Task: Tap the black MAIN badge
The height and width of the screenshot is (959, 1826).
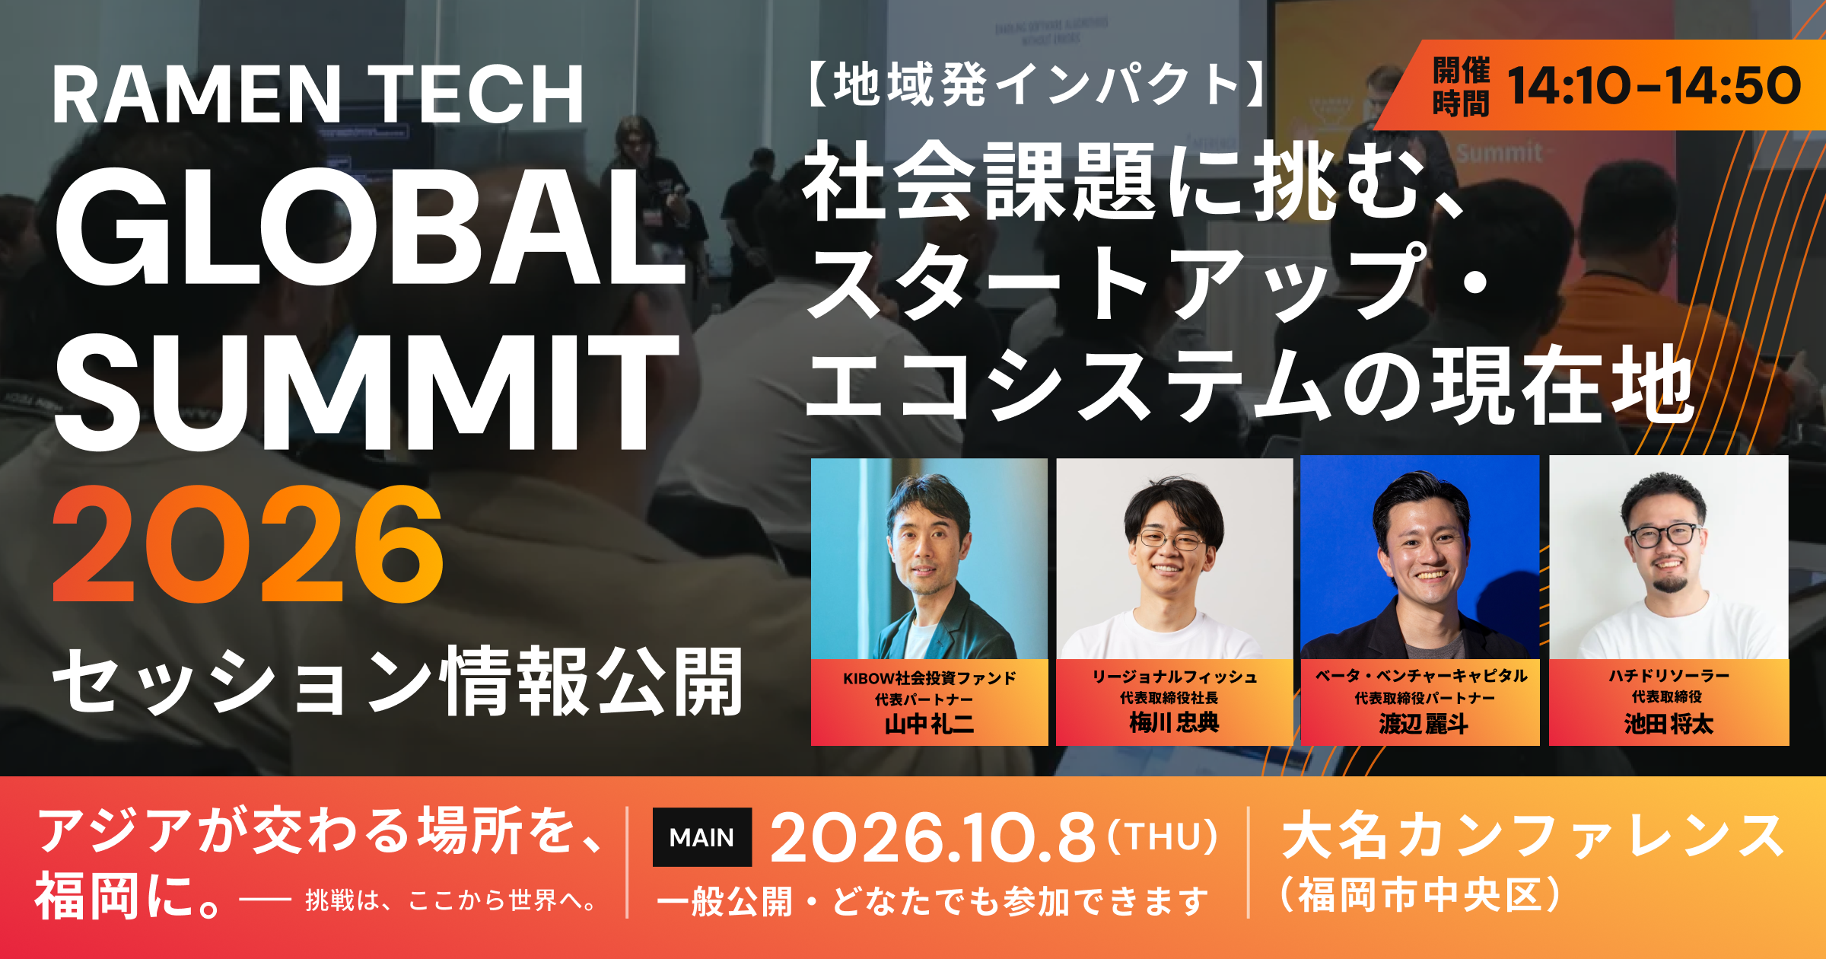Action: click(x=701, y=837)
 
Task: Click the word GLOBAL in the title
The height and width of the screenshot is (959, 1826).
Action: click(x=371, y=227)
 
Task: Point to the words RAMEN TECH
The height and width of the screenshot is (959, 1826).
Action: click(x=318, y=94)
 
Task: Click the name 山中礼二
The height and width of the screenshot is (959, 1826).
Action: click(x=929, y=723)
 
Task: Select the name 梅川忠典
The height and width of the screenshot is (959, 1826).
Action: click(x=1174, y=722)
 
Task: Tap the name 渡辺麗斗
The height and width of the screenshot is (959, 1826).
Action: click(x=1424, y=723)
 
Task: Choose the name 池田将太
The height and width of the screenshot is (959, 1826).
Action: click(x=1669, y=723)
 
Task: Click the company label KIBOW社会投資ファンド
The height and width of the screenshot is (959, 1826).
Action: click(x=929, y=678)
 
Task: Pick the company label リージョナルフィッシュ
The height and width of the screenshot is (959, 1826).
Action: click(x=1175, y=677)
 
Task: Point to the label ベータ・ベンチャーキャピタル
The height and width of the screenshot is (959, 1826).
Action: click(x=1421, y=676)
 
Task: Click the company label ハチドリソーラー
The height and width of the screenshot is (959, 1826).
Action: click(x=1669, y=676)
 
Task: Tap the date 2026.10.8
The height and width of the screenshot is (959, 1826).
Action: click(x=933, y=838)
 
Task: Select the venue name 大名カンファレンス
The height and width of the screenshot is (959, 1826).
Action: click(x=1532, y=836)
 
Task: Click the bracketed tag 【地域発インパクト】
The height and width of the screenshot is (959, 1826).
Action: click(x=1036, y=84)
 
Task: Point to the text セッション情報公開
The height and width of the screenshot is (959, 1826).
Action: click(x=397, y=682)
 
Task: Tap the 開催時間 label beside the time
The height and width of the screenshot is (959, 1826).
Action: click(x=1461, y=86)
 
